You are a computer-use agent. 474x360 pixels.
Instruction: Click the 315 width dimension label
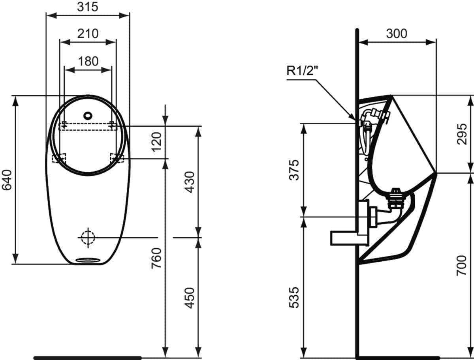point(88,7)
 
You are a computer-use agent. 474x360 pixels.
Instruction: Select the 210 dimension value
point(88,34)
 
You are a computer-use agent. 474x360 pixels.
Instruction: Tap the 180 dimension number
point(88,61)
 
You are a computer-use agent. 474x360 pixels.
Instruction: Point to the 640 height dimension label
point(7,180)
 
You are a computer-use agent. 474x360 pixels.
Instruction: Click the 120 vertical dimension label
point(157,142)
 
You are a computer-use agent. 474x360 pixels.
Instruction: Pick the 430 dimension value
point(190,182)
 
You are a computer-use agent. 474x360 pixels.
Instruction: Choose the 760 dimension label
point(156,258)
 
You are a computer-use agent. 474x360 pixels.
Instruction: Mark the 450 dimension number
point(190,298)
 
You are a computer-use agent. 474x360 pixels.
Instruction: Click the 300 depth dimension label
point(397,34)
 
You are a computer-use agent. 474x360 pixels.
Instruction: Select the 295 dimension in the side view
point(462,134)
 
